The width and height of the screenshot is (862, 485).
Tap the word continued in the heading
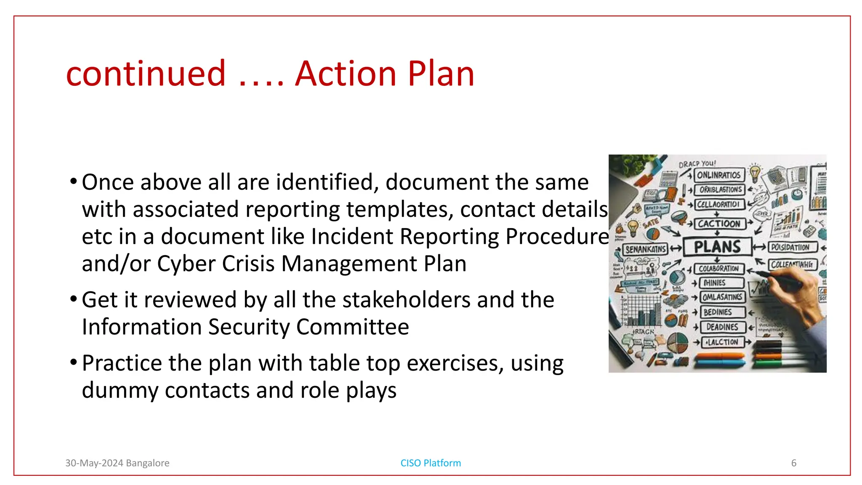coord(146,74)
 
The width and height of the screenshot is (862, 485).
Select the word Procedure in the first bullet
coord(557,237)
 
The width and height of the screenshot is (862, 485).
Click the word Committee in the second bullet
coord(352,327)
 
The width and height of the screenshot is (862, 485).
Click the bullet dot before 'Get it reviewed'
coord(74,299)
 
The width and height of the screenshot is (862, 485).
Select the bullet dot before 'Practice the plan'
coord(74,362)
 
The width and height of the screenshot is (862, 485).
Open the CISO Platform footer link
coord(431,463)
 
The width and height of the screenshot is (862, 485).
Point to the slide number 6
coord(794,463)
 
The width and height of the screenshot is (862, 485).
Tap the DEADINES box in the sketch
coord(722,327)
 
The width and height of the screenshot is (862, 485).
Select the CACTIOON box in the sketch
coord(719,224)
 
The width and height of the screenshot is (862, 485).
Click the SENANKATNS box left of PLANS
coord(645,249)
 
